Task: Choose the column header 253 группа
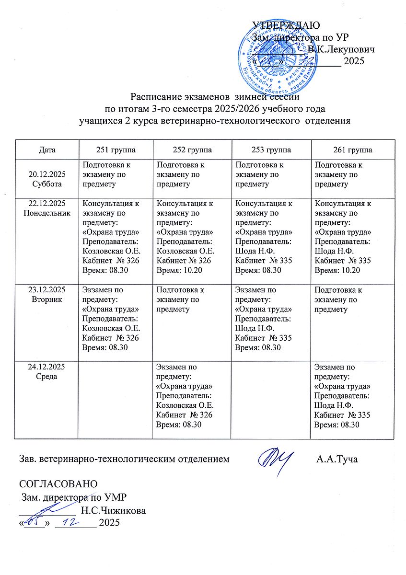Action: coord(271,149)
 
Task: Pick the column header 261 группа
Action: coord(353,149)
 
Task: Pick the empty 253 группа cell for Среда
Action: coord(271,398)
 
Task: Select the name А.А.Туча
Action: coord(337,460)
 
